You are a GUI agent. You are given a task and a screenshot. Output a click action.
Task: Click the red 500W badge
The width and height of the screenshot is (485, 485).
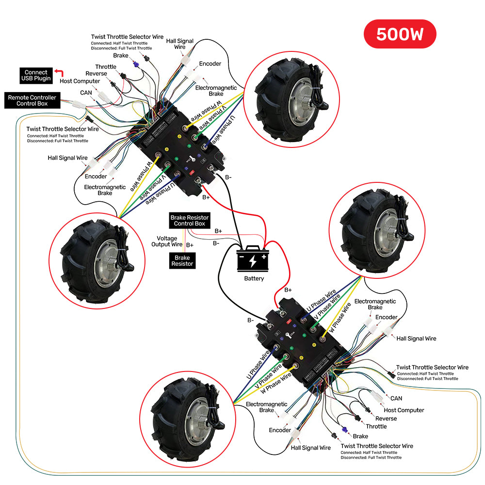point(400,34)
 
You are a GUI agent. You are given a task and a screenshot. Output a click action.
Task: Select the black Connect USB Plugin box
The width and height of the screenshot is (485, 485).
point(36,76)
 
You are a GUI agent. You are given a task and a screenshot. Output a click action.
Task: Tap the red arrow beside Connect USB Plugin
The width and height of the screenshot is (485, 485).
point(59,72)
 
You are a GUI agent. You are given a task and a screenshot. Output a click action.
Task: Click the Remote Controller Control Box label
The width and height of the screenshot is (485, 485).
point(32,100)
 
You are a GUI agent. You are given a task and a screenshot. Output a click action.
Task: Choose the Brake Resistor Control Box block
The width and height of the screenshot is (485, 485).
point(190,221)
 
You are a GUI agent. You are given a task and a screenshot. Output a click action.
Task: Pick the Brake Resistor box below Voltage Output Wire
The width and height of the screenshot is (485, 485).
point(182,261)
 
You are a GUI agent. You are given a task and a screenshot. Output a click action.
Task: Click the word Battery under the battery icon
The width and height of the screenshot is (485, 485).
point(254,278)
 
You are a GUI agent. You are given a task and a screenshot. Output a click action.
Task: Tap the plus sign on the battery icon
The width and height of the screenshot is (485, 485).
point(264,257)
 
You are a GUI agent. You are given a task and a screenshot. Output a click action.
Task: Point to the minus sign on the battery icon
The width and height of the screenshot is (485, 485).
point(242,257)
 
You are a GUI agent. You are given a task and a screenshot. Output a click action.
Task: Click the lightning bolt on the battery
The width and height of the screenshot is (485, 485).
point(253,261)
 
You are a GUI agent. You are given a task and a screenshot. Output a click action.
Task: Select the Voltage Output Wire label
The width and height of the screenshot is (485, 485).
point(167,241)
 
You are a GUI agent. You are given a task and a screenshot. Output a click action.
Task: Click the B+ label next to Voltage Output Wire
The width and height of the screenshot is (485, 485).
point(190,245)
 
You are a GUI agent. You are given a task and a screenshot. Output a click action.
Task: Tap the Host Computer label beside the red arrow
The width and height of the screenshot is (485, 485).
point(80,81)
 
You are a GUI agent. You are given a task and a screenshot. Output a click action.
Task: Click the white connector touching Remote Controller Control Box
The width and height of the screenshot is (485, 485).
point(79,105)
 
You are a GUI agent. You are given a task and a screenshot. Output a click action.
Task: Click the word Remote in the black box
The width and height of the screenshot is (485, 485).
point(17,97)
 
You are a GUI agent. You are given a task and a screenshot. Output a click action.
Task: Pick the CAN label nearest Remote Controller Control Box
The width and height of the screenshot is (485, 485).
point(86,93)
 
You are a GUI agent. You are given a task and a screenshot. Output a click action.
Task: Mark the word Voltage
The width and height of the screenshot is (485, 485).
point(167,239)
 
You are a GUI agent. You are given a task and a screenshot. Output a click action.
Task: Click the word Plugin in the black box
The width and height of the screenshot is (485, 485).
point(42,79)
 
